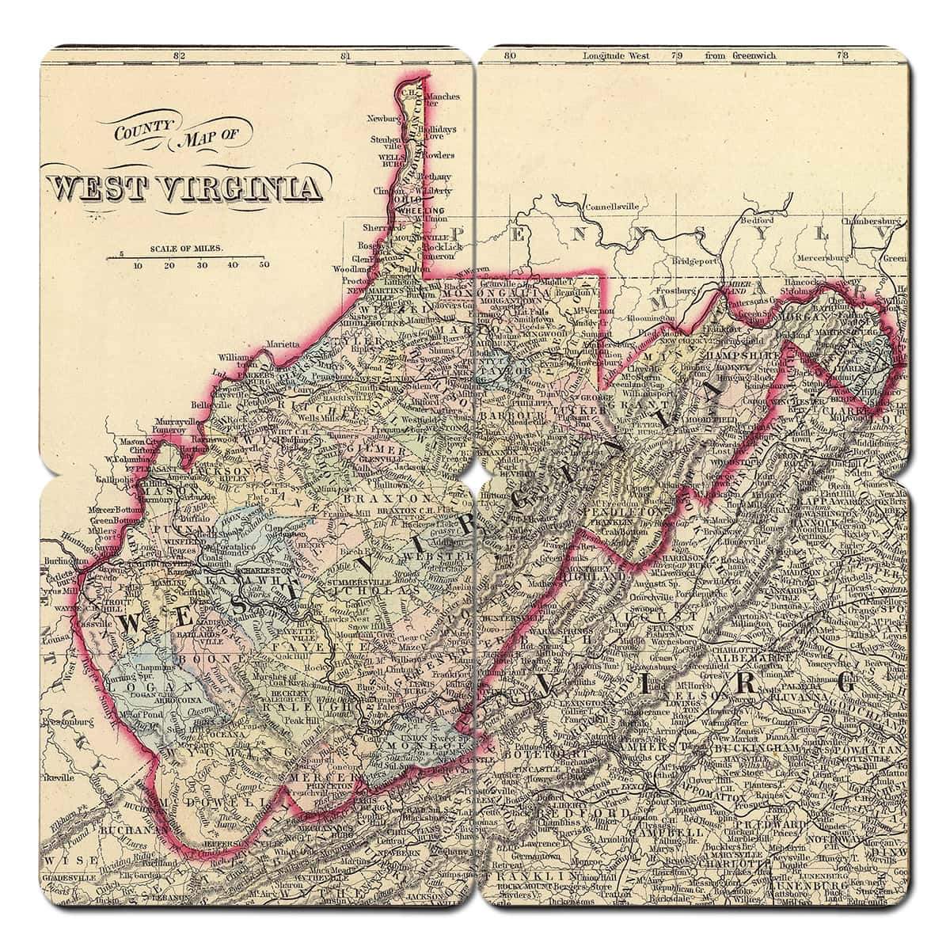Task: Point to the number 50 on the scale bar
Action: point(264,265)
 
